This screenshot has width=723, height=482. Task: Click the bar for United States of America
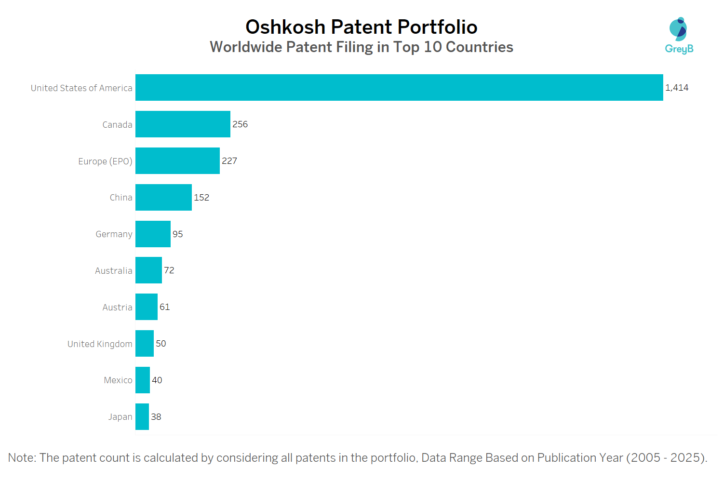point(399,88)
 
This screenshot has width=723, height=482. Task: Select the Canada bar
point(183,124)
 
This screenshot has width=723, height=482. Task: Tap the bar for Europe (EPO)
point(177,161)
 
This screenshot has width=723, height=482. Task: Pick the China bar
point(163,198)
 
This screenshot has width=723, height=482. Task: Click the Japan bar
point(142,417)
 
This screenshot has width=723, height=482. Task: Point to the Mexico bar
point(143,380)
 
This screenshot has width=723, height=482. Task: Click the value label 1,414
point(677,88)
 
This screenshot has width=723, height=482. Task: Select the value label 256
point(240,124)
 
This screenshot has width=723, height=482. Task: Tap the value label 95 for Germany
point(178,234)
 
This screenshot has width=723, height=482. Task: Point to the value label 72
point(169,270)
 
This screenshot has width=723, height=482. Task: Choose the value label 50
point(161,344)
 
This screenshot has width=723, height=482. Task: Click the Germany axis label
point(114,234)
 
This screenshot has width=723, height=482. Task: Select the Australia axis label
point(113,271)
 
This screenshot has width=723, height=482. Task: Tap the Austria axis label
point(117,308)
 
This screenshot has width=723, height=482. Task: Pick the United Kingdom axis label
point(100,344)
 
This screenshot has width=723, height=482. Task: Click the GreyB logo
point(679,35)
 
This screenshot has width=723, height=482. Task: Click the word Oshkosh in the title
point(285,27)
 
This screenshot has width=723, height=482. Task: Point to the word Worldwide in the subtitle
point(246,47)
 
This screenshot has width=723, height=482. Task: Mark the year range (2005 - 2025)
point(667,458)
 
